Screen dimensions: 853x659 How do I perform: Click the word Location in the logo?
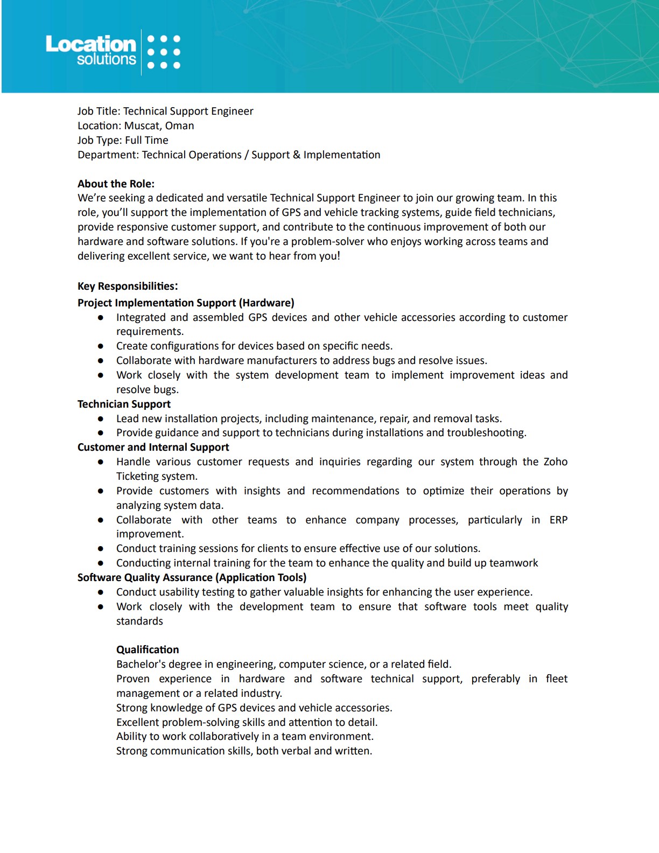tap(90, 44)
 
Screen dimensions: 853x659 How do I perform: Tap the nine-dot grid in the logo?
tap(164, 52)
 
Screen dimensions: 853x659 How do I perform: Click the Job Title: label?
tap(99, 111)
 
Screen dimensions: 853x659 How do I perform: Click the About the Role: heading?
tap(116, 184)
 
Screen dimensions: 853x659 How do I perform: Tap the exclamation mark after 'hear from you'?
tap(339, 256)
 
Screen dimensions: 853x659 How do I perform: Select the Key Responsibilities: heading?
tap(128, 286)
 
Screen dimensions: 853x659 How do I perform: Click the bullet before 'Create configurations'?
tap(101, 346)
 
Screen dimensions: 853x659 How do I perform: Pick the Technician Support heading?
tap(124, 404)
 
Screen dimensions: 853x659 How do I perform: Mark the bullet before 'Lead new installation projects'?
tap(101, 419)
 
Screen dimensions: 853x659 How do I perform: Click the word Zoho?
tap(555, 462)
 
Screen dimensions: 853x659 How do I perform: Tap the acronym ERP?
tap(558, 520)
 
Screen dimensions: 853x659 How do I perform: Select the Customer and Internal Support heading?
tap(153, 448)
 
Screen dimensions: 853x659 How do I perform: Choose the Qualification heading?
tap(148, 650)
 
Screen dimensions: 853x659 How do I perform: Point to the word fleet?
tap(556, 679)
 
